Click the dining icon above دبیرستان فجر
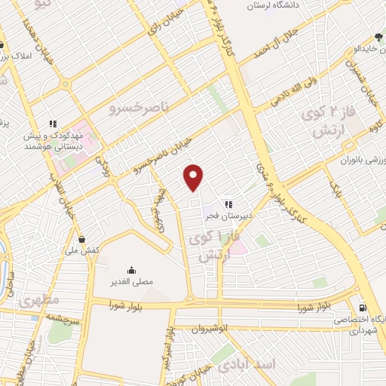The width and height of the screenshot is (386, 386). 228,203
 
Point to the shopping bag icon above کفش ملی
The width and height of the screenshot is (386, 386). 81,240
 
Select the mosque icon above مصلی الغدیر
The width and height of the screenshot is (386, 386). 132,270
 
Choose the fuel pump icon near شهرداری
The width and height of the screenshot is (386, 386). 363,308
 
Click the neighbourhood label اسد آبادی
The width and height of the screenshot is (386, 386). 248,366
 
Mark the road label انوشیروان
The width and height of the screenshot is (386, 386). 198,329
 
